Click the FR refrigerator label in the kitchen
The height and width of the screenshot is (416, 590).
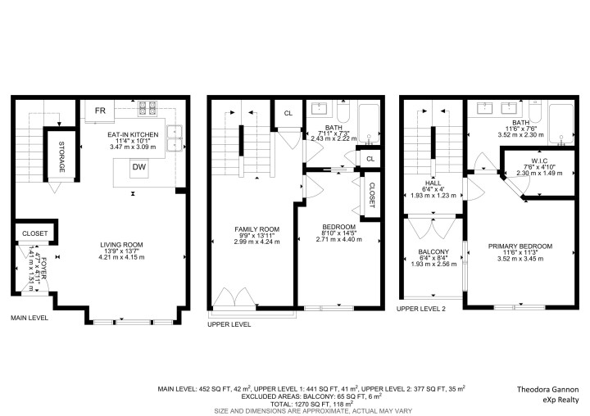100,111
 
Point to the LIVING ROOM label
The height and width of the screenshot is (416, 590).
121,244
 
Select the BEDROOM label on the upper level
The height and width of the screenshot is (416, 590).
338,227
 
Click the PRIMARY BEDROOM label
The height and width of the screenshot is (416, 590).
520,246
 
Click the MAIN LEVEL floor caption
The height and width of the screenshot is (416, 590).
29,317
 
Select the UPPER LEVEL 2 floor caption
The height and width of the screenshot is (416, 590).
422,309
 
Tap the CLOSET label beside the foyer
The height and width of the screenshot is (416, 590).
34,233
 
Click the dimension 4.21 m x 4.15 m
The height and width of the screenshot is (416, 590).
121,257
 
